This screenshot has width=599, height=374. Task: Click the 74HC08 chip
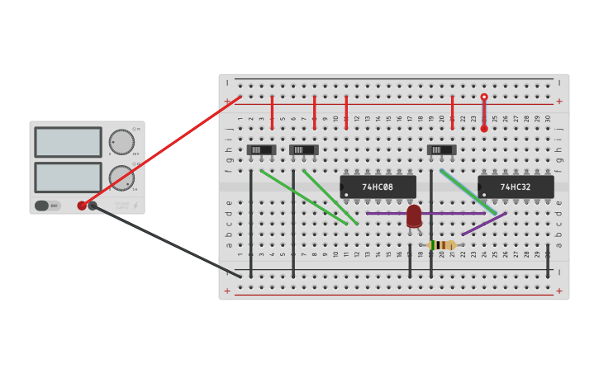378,187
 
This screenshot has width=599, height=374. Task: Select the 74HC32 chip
516,187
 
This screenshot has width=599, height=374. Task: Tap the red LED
414,216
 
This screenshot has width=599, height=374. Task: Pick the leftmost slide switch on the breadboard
261,150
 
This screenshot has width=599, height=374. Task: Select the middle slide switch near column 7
303,150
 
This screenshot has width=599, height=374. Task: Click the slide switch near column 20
441,150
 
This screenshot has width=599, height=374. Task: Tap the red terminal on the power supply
82,206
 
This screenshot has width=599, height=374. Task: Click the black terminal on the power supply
93,206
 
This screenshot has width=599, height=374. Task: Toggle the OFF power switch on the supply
48,206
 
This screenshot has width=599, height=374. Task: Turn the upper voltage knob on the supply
121,142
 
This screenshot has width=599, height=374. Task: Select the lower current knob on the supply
121,178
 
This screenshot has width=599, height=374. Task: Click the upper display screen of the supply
68,142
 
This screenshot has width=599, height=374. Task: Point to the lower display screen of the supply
68,177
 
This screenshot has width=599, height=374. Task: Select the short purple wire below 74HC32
484,224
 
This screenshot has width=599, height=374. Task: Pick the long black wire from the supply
165,240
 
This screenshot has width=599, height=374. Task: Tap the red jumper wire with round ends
484,113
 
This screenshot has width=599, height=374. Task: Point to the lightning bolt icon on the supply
135,206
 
